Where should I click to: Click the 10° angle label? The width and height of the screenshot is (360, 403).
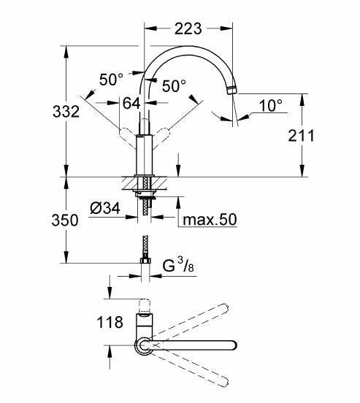(270, 107)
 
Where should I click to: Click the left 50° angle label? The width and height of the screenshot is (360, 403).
(112, 80)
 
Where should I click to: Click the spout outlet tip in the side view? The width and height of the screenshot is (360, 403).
(232, 91)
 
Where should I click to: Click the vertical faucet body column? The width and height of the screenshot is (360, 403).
(145, 157)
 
